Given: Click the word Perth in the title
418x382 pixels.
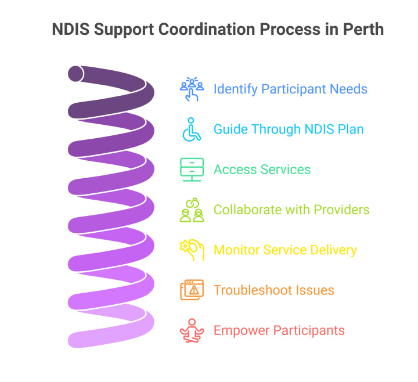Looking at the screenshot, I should (361, 29).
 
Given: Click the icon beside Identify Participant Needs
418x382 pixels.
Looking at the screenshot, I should (192, 89).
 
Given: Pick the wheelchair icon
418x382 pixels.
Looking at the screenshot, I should (191, 129).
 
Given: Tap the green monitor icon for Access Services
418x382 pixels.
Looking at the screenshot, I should (192, 170).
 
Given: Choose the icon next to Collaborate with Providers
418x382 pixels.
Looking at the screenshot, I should (192, 210).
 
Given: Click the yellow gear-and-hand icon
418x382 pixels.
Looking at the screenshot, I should (192, 250).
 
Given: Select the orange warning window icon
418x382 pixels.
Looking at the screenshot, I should (192, 290).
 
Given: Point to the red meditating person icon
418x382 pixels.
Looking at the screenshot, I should (192, 330).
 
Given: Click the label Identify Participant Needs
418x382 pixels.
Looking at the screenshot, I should (290, 89).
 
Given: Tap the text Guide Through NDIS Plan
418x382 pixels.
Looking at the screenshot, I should (289, 129).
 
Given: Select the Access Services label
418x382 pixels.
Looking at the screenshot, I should (262, 170).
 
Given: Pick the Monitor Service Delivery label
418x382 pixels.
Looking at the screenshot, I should (285, 250).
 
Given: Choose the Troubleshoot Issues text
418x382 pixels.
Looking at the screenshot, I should (273, 290).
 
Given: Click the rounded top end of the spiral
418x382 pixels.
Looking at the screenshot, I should (75, 74).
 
